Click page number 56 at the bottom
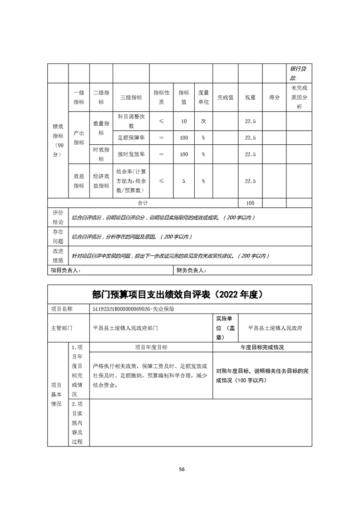(182, 469)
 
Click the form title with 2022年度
(180, 294)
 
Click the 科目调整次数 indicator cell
(131, 121)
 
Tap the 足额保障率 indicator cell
(131, 137)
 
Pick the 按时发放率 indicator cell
(131, 154)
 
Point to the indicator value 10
(184, 121)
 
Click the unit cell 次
(203, 121)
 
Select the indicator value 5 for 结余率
(184, 181)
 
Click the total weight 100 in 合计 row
(250, 203)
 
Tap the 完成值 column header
(225, 97)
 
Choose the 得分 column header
(274, 97)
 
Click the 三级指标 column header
(131, 97)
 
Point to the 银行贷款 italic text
(298, 73)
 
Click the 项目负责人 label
(64, 270)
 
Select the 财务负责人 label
(191, 270)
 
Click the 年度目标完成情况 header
(262, 347)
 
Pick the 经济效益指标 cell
(101, 181)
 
